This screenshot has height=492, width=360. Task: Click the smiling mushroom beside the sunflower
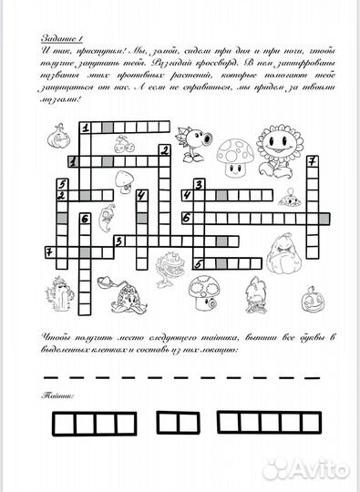(238, 155)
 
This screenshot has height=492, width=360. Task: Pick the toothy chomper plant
(170, 270)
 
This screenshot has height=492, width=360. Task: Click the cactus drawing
(64, 296)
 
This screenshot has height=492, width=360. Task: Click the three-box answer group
(178, 423)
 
